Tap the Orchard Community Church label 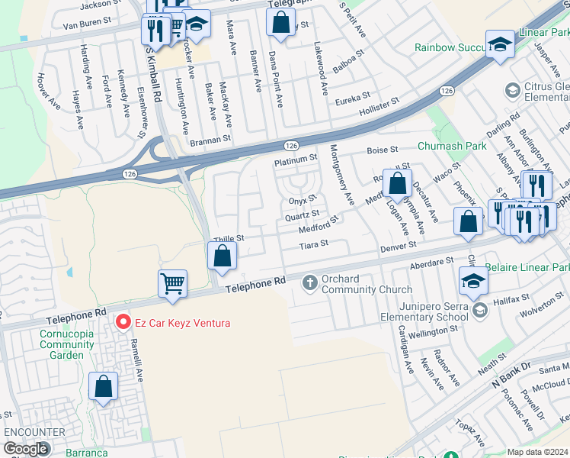(x=367, y=284)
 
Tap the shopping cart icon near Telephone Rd (x=173, y=284)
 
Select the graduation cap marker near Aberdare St (x=473, y=281)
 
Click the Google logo (x=26, y=449)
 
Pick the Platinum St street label (x=296, y=158)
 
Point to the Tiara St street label (x=312, y=244)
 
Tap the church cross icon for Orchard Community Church (x=310, y=283)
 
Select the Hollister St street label (x=379, y=106)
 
